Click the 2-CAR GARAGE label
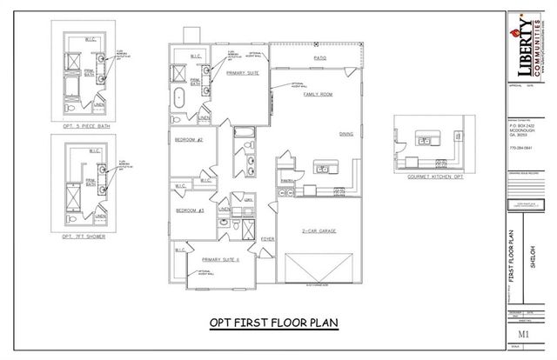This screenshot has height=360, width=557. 319,231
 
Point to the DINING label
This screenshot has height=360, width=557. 346,133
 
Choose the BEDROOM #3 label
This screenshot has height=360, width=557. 189,210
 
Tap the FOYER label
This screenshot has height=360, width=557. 267,237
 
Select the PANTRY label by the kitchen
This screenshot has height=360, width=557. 285,180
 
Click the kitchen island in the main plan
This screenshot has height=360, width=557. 325,167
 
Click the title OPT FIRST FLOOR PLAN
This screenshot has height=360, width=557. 272,323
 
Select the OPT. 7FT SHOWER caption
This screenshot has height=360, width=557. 84,236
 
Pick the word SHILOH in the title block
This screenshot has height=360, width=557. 532,261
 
